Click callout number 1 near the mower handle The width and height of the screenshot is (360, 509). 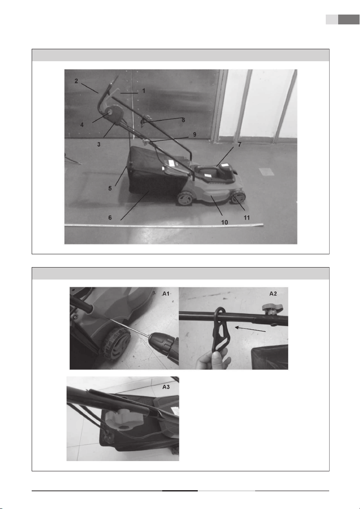coord(143,91)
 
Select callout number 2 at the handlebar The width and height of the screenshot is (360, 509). coord(76,81)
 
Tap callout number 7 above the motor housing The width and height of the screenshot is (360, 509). coord(240,144)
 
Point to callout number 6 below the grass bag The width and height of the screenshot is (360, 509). coord(110,217)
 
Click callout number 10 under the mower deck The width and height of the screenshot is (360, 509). coord(224,222)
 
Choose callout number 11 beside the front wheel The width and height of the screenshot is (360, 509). coord(247,217)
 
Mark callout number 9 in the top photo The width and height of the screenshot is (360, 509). coord(194,134)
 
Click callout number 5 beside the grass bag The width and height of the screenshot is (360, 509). coord(110,188)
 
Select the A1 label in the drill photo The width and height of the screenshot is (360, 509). coord(166,294)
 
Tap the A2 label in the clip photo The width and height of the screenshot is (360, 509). coord(273,293)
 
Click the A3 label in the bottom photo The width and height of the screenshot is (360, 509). coord(166,387)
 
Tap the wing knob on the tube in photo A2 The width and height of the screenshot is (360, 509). coord(271,307)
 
